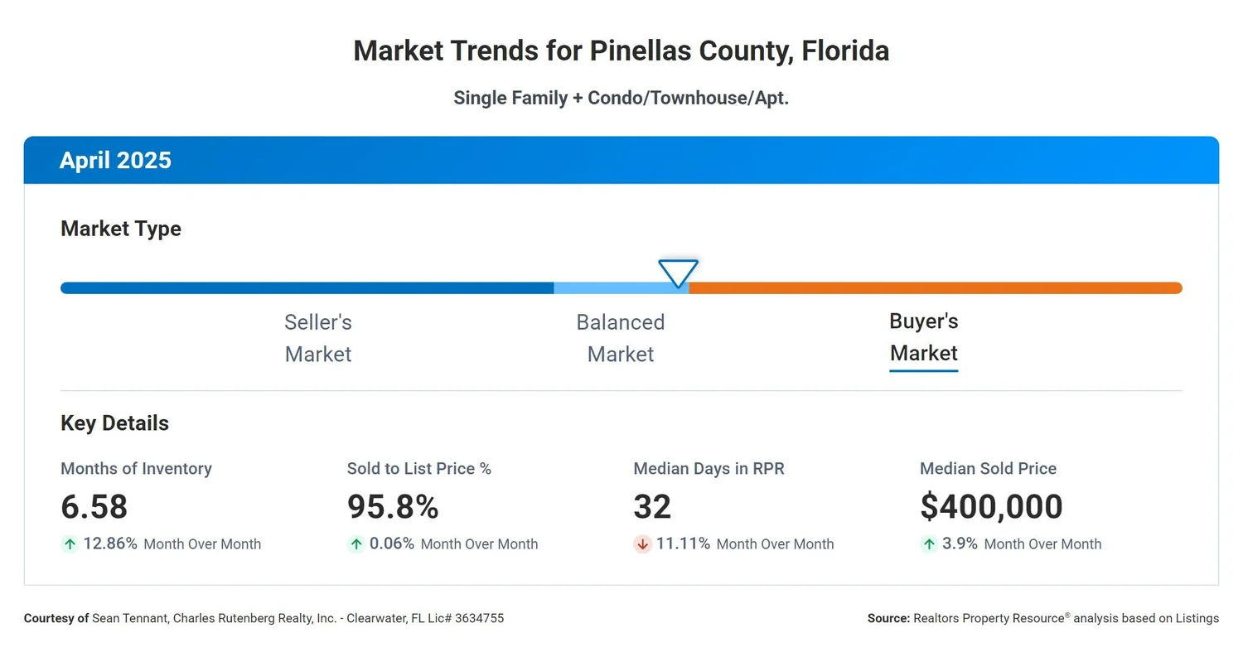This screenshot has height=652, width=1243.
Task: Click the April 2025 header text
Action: [x=115, y=160]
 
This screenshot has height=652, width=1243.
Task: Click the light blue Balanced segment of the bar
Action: [x=613, y=288]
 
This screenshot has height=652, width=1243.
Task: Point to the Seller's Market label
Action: [x=318, y=338]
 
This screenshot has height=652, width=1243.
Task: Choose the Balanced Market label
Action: [x=621, y=338]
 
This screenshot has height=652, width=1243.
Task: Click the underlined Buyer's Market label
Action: [x=923, y=337]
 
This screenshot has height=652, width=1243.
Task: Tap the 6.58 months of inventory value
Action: [x=94, y=506]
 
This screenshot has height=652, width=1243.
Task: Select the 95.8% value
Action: [x=393, y=506]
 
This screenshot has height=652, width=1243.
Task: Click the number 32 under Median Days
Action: [x=652, y=506]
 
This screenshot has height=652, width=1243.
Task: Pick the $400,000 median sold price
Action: [x=991, y=506]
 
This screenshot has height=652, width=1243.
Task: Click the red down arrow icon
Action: [x=642, y=544]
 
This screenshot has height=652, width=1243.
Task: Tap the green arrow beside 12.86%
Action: [x=70, y=544]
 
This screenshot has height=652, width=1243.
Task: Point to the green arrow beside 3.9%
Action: [x=929, y=544]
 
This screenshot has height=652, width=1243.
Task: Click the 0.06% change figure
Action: [x=392, y=544]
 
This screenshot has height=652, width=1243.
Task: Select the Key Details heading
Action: [x=114, y=423]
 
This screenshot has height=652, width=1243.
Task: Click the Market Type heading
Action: [x=121, y=229]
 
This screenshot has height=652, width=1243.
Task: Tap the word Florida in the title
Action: [x=845, y=51]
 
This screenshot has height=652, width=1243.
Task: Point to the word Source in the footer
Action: [x=888, y=618]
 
